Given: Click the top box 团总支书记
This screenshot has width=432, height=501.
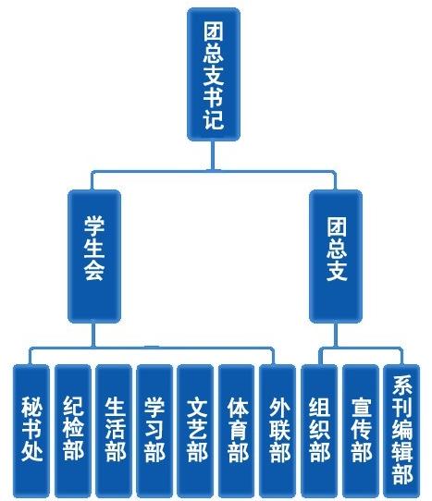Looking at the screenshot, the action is coord(214,75).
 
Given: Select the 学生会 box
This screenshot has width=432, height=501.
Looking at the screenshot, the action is coord(94,256).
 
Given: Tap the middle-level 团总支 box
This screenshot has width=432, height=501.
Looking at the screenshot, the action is coord(336,256).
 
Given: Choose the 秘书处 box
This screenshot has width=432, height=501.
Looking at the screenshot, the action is coord(31,431).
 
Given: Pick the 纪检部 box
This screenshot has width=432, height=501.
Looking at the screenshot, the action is coord(73,431).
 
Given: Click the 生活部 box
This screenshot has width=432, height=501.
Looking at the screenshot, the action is coord(114,431).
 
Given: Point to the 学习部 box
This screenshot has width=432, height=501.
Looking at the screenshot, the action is coord(154,431).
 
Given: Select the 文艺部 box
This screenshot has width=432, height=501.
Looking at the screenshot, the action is coord(195,431).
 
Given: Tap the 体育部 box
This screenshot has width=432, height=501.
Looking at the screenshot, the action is coord(237,431).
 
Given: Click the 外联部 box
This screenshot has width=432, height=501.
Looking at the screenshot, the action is coord(278,431).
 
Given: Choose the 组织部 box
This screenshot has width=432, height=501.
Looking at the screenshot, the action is coord(319,431).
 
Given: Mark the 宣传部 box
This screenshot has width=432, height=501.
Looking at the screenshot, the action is coord(361,431).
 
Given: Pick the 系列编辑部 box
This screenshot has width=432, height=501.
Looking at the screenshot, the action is coord(401,431).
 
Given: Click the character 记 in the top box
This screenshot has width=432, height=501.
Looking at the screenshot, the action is coord(214,119).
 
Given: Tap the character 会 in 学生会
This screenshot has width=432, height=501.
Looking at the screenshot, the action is coord(94,271).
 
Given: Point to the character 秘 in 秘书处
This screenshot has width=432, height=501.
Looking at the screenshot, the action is coord(31,407).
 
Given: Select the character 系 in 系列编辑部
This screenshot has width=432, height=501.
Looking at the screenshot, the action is coord(402,385).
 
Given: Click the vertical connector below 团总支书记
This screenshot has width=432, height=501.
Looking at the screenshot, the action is coord(212,155).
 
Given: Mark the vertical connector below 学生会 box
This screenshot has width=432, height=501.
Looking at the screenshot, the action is coord(93,335).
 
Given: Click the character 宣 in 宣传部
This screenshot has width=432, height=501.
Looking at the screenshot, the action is coord(361,408).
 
